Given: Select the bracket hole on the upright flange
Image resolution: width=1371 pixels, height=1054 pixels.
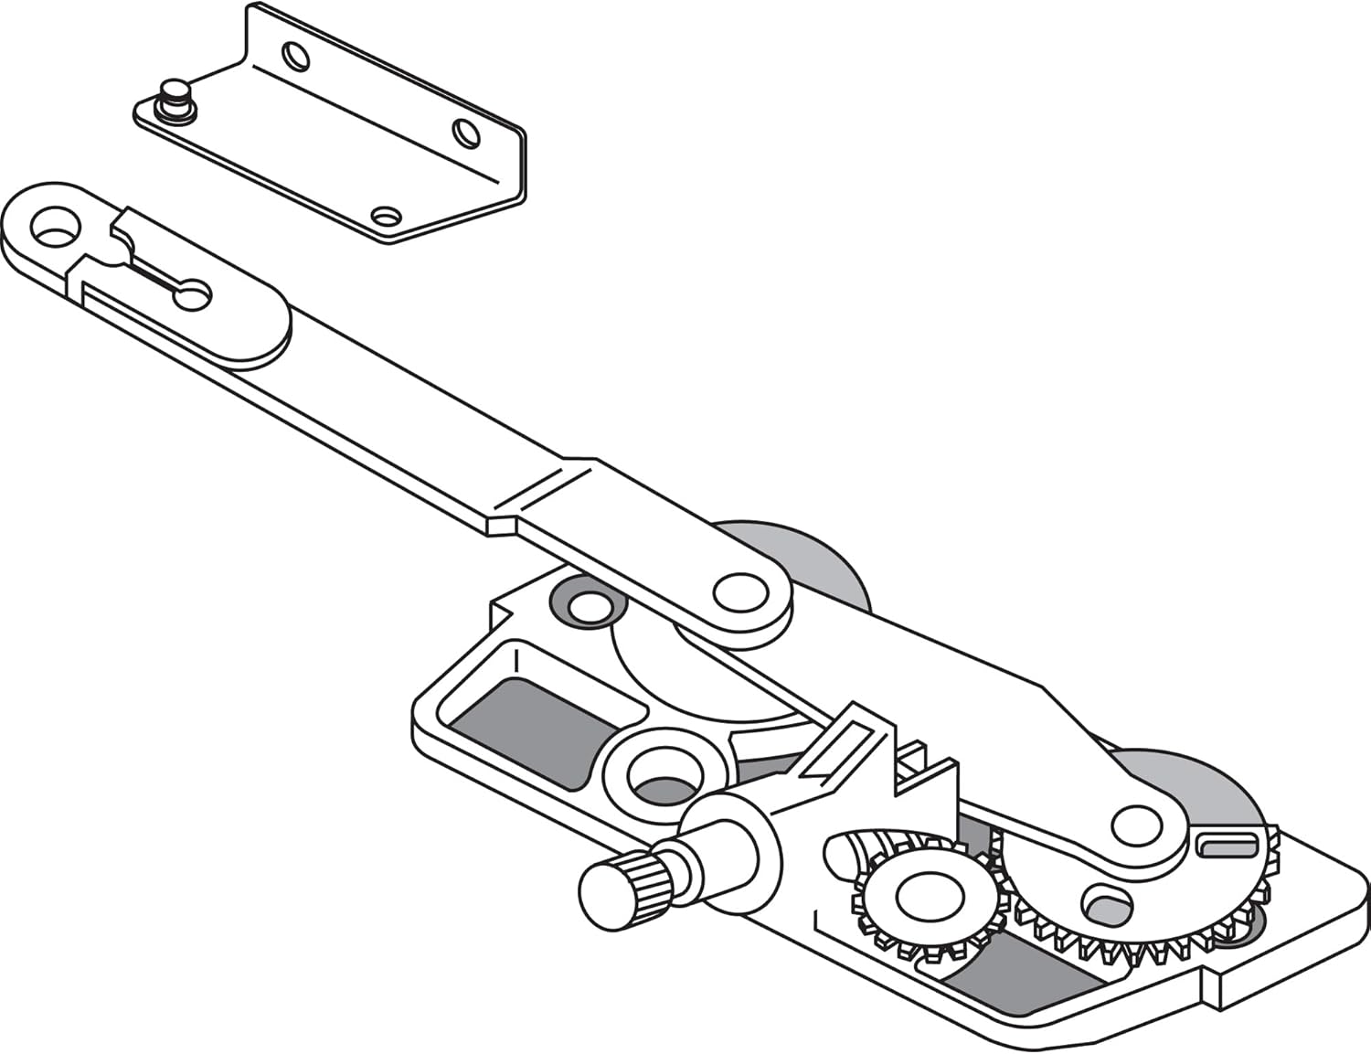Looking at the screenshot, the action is click(x=295, y=57).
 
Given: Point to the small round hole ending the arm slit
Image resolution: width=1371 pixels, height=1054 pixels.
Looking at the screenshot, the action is click(x=195, y=295).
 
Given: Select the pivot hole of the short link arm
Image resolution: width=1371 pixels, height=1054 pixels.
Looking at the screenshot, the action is click(x=740, y=591).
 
